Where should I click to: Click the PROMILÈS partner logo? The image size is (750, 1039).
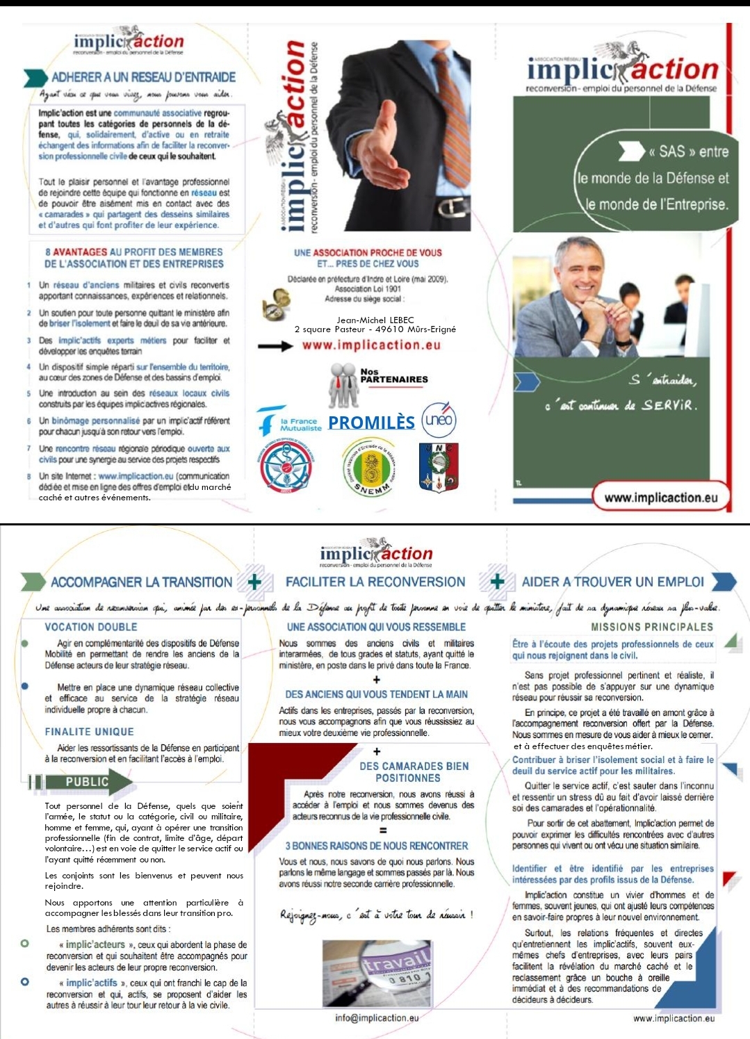coord(371,423)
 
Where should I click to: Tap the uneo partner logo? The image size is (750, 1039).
coord(439,419)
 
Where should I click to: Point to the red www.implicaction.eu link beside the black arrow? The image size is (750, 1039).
coord(371,345)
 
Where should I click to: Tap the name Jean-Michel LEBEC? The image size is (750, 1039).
coord(375,320)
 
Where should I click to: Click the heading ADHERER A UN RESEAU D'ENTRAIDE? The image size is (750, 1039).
coord(143,77)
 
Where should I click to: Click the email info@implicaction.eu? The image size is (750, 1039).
coord(377,1017)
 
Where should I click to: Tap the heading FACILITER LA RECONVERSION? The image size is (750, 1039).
coord(375,582)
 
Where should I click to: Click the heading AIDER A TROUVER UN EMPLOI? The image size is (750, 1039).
coord(612,582)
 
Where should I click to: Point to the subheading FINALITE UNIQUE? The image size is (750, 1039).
coord(89,732)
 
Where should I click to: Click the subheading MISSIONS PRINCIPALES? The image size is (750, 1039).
coord(652,627)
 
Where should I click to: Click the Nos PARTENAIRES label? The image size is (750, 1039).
coord(393,376)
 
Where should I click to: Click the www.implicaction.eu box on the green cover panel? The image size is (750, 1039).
coord(660,498)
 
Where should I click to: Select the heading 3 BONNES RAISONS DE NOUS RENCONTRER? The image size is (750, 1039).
coord(377,846)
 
